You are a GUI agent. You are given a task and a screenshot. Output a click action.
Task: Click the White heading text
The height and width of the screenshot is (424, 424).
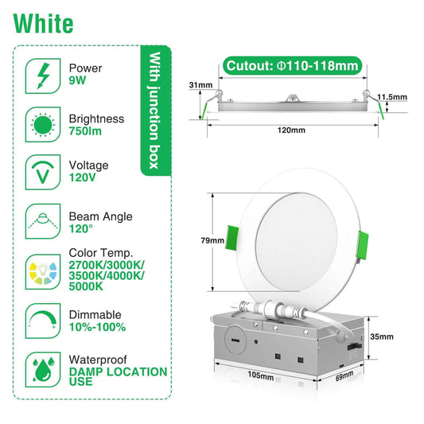(x=44, y=23)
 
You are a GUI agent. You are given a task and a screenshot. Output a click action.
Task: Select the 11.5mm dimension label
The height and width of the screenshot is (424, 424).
(x=393, y=97)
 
